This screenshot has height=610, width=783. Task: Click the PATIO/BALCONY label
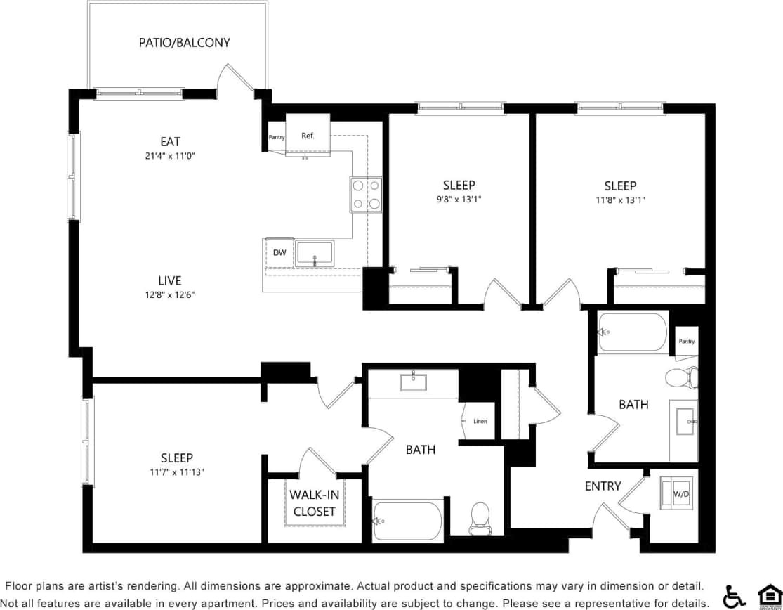[184, 42]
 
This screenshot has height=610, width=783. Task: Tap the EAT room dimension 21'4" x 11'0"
[170, 156]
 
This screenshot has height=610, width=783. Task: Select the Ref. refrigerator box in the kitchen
[308, 136]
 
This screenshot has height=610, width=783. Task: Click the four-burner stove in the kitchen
[366, 195]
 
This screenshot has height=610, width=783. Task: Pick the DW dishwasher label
[279, 253]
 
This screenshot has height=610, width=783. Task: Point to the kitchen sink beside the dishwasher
[315, 253]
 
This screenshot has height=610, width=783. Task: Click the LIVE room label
[169, 280]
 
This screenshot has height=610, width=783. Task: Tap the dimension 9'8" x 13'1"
[459, 200]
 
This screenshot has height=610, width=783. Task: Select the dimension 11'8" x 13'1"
[620, 200]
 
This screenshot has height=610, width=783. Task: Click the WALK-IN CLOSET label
[314, 503]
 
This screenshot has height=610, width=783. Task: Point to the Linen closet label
[480, 422]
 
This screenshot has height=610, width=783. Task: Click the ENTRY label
[603, 486]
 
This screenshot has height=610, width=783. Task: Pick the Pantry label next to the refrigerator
[277, 137]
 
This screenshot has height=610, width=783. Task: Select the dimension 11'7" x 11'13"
[176, 472]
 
